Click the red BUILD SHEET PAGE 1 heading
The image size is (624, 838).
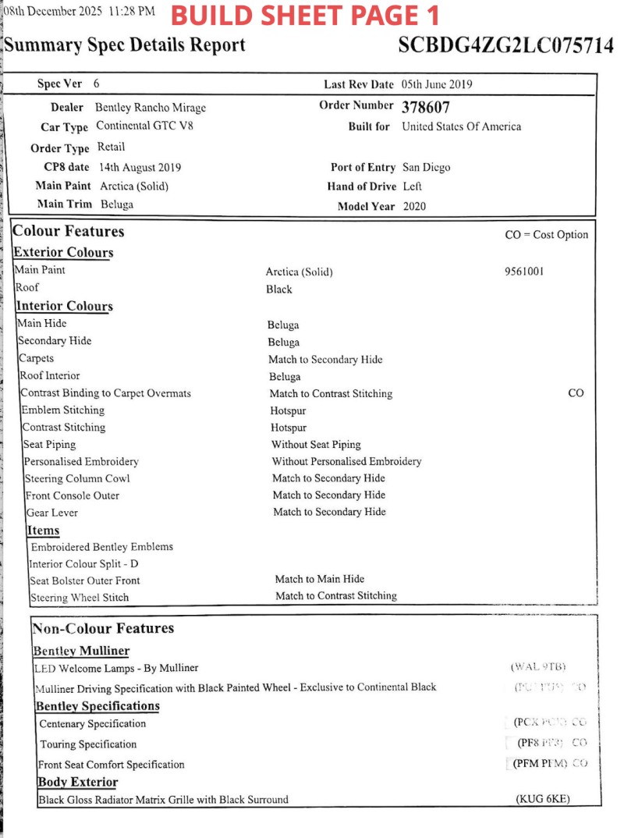point(305,15)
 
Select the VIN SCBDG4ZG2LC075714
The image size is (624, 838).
point(505,45)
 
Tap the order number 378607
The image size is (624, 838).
point(426,107)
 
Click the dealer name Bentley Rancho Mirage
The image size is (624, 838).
point(151,108)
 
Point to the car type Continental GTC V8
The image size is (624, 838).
point(144,126)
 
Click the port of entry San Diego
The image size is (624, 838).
point(426,167)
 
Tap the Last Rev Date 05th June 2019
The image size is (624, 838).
point(437,84)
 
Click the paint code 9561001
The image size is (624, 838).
point(525,272)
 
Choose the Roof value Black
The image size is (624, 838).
point(279,289)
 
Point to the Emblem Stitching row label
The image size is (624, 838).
point(62,410)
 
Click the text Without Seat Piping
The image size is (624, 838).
point(316,445)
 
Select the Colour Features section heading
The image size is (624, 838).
point(69,232)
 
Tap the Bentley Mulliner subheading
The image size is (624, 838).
point(81,651)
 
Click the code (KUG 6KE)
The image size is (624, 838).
point(543,799)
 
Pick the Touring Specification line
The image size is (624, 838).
point(88,744)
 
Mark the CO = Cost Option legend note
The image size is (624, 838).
point(547,235)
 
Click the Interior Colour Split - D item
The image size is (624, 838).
point(83,563)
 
